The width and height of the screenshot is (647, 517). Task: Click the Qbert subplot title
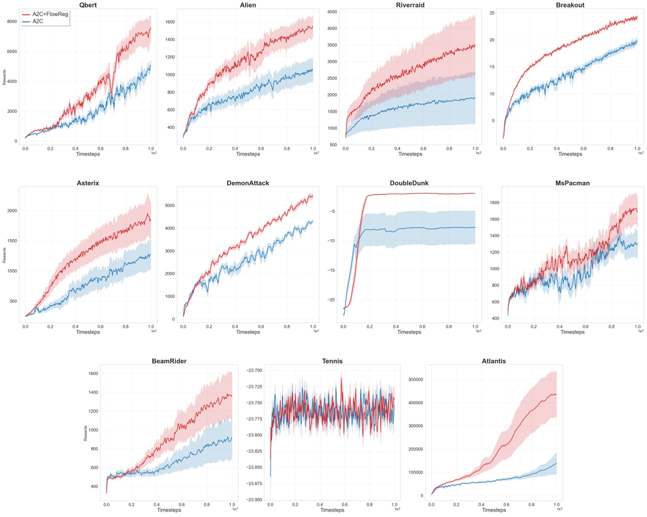coord(88,5)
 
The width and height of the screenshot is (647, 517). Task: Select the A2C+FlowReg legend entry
coord(50,14)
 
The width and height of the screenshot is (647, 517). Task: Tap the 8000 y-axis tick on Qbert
coord(12,22)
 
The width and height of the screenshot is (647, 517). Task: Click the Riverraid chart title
coord(410,5)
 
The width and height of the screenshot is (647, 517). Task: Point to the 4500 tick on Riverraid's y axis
coord(332,12)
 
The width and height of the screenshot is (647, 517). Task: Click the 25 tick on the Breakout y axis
coord(492,13)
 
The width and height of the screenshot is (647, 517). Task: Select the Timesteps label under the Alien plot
coord(248,154)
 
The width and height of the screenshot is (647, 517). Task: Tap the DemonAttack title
coord(248,183)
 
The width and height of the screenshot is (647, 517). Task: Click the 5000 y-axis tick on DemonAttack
coord(170,206)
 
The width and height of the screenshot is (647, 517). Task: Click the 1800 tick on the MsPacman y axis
coord(494,203)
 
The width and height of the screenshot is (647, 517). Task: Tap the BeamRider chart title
coord(169,361)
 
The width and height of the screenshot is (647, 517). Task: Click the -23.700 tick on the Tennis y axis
coord(254,370)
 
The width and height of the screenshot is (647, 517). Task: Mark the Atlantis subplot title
coord(494,361)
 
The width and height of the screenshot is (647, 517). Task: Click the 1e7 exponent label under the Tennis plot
coord(397,509)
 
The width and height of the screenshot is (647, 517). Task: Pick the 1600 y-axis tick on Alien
coord(170,22)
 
